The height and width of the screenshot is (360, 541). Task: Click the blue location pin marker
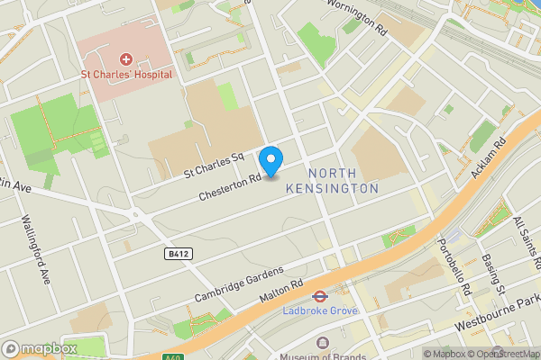click(x=270, y=161)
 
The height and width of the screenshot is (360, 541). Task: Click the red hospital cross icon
click(x=126, y=58)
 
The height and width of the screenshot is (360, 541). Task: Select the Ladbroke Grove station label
click(x=319, y=310)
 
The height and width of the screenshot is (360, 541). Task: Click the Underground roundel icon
click(x=319, y=295)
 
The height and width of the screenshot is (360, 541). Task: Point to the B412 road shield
click(x=179, y=255)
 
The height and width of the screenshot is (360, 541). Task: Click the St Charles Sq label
click(x=214, y=162)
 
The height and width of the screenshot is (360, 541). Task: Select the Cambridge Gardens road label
click(x=239, y=284)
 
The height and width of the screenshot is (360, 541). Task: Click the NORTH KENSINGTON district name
click(x=331, y=181)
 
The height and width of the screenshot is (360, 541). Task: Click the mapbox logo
click(x=40, y=348)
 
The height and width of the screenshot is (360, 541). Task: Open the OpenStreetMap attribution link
click(x=506, y=354)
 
